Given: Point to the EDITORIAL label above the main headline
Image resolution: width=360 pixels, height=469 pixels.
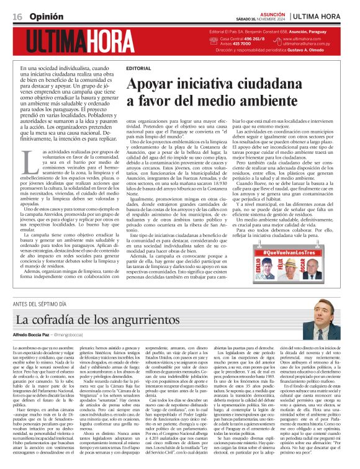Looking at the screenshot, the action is [x=137, y=67].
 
